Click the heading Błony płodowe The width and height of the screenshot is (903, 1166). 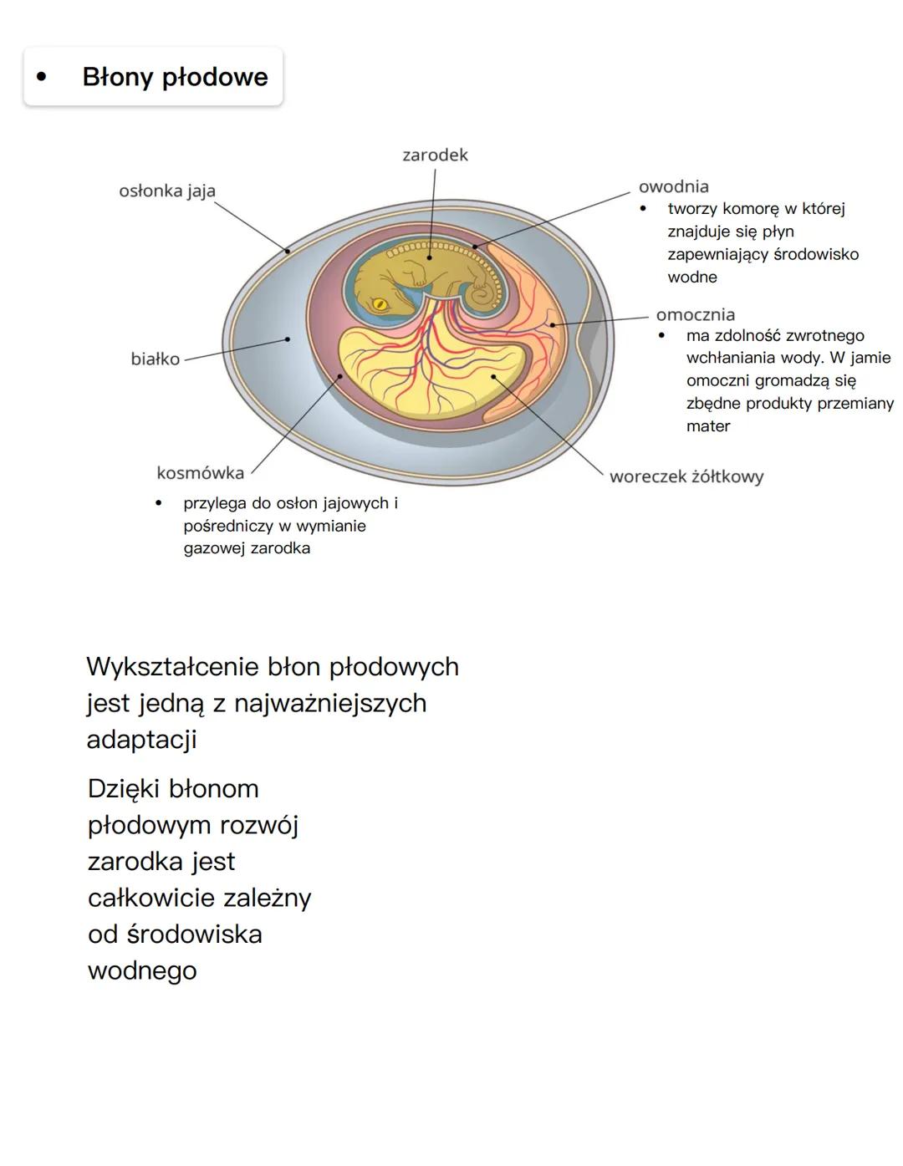tap(175, 77)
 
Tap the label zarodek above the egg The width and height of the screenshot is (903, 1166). tap(435, 155)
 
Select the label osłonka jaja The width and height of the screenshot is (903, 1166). tap(167, 191)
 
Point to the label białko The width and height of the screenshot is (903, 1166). tap(156, 359)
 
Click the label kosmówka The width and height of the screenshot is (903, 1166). tap(201, 472)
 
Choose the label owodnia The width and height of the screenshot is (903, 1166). tap(673, 186)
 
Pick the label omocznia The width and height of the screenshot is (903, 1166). tap(696, 314)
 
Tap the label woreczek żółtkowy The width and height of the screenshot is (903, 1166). tap(686, 476)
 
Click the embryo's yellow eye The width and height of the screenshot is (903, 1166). tap(380, 303)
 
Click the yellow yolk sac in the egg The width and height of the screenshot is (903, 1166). tap(418, 372)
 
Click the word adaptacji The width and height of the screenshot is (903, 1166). tap(142, 740)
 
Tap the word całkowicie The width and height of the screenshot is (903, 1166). tap(143, 898)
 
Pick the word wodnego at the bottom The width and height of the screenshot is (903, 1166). tap(142, 970)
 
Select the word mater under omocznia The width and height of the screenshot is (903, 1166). tap(708, 426)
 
